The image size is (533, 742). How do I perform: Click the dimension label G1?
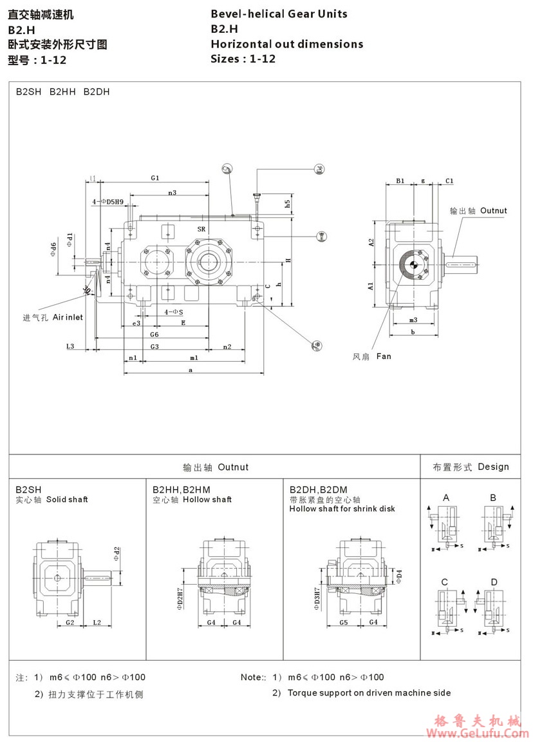pyautogui.click(x=155, y=177)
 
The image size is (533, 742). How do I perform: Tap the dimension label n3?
pyautogui.click(x=172, y=192)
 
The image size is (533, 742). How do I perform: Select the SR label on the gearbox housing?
pyautogui.click(x=201, y=229)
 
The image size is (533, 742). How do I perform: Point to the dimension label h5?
pyautogui.click(x=288, y=202)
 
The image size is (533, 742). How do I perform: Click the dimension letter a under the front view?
pyautogui.click(x=191, y=370)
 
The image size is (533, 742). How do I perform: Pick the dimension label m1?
pyautogui.click(x=193, y=357)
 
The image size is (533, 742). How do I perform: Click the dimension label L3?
pyautogui.click(x=71, y=346)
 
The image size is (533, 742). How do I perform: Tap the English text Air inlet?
pyautogui.click(x=68, y=317)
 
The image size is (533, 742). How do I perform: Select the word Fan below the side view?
pyautogui.click(x=383, y=356)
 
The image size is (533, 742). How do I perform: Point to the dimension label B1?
pyautogui.click(x=400, y=181)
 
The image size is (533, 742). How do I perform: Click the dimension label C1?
pyautogui.click(x=449, y=181)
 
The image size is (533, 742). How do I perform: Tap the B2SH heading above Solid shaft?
pyautogui.click(x=29, y=489)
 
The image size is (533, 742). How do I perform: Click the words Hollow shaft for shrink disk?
pyautogui.click(x=342, y=509)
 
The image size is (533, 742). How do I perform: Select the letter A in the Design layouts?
pyautogui.click(x=446, y=498)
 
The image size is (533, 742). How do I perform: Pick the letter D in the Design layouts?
pyautogui.click(x=494, y=582)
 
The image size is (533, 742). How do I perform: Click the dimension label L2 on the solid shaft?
pyautogui.click(x=97, y=622)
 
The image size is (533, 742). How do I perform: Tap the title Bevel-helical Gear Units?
pyautogui.click(x=279, y=14)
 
